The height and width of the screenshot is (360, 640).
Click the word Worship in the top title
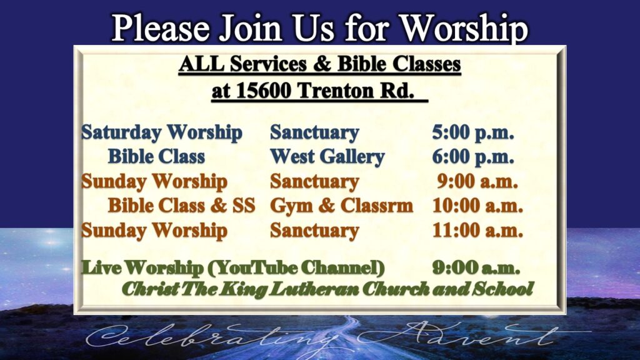pyautogui.click(x=464, y=28)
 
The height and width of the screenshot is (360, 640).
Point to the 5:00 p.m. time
pyautogui.click(x=473, y=132)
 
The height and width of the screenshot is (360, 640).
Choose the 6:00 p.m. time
pyautogui.click(x=473, y=157)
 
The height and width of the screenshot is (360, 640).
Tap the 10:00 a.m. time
pyautogui.click(x=477, y=205)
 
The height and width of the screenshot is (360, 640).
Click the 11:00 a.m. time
pyautogui.click(x=477, y=230)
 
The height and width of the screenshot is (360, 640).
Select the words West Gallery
pyautogui.click(x=327, y=157)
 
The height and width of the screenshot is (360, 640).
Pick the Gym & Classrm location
pyautogui.click(x=342, y=206)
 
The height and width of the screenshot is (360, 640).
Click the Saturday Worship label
pyautogui.click(x=162, y=133)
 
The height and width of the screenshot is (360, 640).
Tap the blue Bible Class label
pyautogui.click(x=156, y=157)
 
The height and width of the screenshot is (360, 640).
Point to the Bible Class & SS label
pyautogui.click(x=182, y=205)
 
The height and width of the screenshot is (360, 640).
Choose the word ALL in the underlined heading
pyautogui.click(x=201, y=64)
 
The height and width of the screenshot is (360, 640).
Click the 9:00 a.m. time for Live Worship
pyautogui.click(x=476, y=268)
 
